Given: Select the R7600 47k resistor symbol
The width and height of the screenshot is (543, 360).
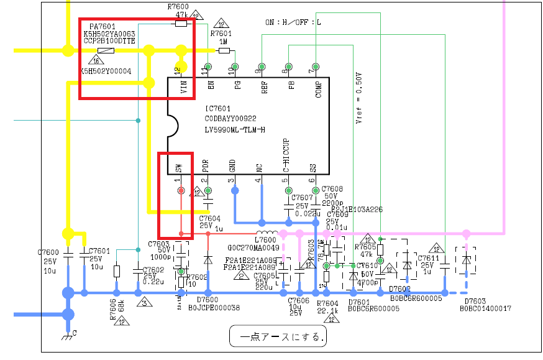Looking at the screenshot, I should point(181,24).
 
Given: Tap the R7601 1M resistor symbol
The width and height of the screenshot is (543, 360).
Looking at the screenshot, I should point(224,50).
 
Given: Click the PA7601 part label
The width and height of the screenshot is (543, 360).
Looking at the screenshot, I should point(102,27).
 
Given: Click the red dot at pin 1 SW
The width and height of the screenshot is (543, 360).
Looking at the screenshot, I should point(181,190).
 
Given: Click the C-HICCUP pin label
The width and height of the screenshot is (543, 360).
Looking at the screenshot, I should point(287,155).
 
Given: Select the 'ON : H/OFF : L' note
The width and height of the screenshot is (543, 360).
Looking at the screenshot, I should point(293,22).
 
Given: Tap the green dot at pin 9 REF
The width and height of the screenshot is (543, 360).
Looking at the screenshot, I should point(262,67).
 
